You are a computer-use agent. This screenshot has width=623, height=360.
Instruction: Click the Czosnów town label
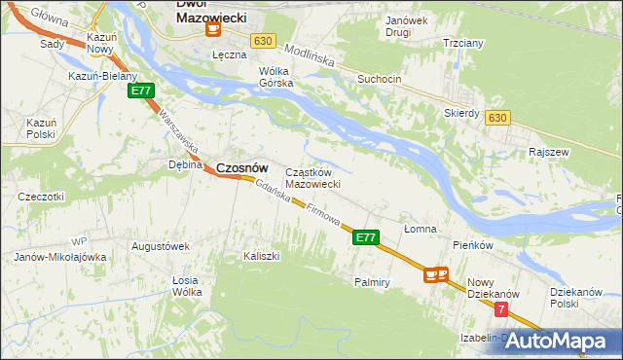pyautogui.click(x=241, y=167)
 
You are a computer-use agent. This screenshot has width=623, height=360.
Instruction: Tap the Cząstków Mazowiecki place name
pyautogui.click(x=311, y=178)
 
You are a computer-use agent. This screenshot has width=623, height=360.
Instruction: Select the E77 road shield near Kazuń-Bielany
pyautogui.click(x=141, y=90)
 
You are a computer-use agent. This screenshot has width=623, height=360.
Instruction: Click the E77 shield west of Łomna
pyautogui.click(x=365, y=236)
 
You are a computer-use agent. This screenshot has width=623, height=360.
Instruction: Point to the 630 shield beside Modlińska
pyautogui.click(x=261, y=41)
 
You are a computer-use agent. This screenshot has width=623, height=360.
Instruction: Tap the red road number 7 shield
pyautogui.click(x=500, y=309)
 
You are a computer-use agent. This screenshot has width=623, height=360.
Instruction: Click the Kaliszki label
pyautogui.click(x=262, y=256)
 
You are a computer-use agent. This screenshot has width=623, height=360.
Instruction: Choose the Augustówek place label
pyautogui.click(x=160, y=246)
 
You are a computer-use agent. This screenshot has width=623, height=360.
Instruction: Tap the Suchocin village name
pyautogui.click(x=379, y=78)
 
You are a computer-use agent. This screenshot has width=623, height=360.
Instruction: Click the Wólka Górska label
pyautogui.click(x=275, y=77)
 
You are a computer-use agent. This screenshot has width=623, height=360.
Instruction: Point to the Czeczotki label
pyautogui.click(x=41, y=197)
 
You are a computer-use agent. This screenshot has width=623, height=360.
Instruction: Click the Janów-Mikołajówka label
pyautogui.click(x=59, y=257)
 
